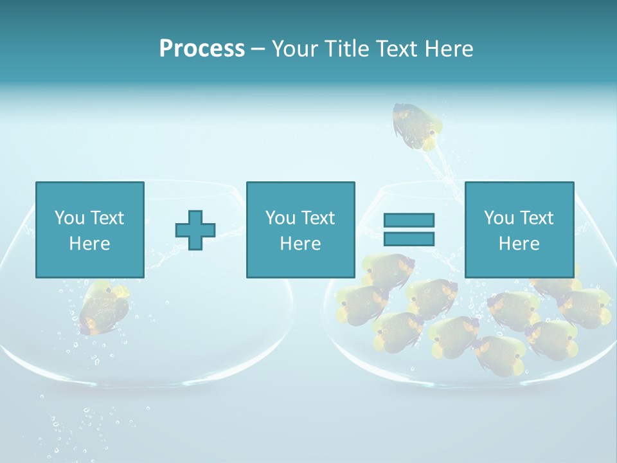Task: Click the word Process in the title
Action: coord(202,49)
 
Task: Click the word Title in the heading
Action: coord(346,49)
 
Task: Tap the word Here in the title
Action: coord(448,49)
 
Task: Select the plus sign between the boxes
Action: coord(195,230)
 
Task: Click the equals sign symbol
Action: coord(409,230)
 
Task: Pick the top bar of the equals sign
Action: coord(409,221)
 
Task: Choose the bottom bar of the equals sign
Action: coord(409,239)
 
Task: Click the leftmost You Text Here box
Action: coord(89,230)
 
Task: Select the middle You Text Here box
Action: coord(300,230)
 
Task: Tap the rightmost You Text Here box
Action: coord(519,230)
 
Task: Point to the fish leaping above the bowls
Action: coord(417,127)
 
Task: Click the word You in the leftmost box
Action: coord(70,218)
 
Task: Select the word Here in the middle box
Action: coord(300,244)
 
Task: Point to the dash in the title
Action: coord(258,49)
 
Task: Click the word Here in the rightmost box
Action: coord(519,244)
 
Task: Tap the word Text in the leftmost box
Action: coord(107,218)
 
